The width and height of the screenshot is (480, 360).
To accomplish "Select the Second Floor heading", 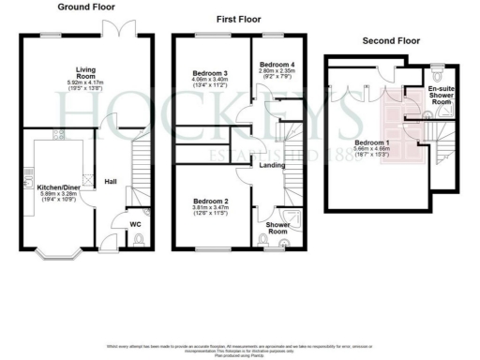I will (393, 40).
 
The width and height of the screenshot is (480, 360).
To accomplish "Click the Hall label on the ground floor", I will (110, 181).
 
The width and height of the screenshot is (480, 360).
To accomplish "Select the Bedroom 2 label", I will (210, 201).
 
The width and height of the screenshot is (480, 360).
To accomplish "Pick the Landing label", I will (273, 166).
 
